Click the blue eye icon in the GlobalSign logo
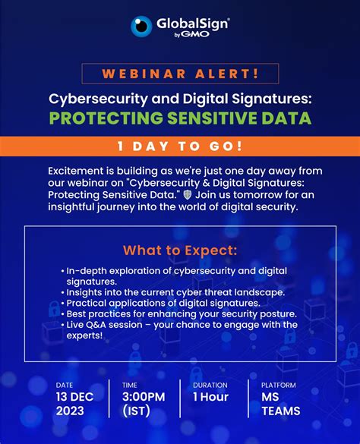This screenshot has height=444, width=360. (x=141, y=27)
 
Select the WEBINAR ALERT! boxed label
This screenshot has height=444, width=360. (x=180, y=74)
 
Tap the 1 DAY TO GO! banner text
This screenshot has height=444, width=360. (x=180, y=146)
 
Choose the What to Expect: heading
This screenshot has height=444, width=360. (x=179, y=250)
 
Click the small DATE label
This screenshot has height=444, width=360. (x=65, y=385)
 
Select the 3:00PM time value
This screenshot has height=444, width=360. (x=145, y=397)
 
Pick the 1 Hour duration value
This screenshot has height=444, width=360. (x=210, y=397)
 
